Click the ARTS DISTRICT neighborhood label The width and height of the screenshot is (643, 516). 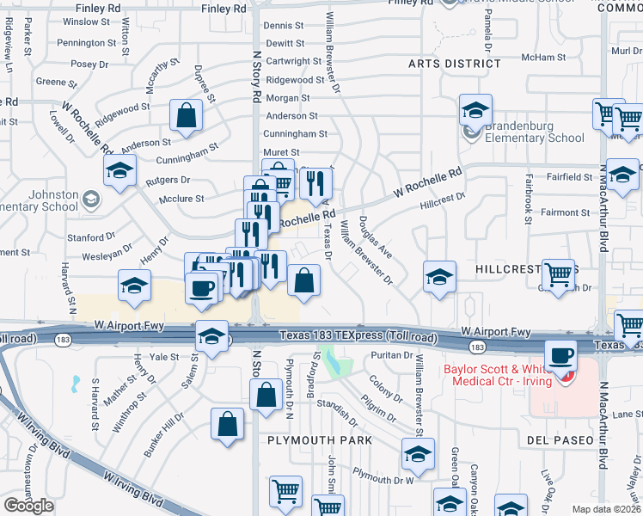454,64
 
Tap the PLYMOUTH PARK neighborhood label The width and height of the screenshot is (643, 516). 319,440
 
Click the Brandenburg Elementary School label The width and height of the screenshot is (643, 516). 535,132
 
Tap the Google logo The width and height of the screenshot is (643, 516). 28,506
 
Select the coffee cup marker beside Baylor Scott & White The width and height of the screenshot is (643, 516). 562,355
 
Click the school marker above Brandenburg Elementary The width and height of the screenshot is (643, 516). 475,110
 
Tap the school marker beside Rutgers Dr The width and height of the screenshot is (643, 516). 120,170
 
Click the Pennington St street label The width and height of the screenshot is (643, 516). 88,42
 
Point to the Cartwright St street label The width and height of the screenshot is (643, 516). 293,61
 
